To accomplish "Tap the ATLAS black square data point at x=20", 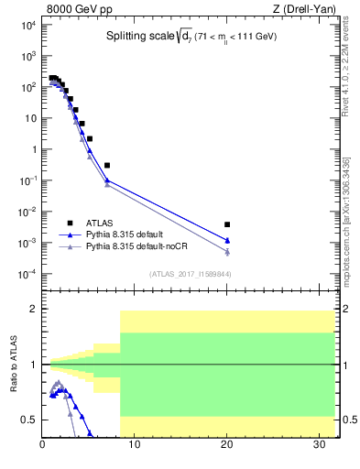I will (x=227, y=224).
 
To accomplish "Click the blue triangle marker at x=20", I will (x=227, y=240).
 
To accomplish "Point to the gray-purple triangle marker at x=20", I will (x=227, y=252).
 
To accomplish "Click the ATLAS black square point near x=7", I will (x=107, y=165).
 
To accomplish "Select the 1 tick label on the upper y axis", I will (x=32, y=149).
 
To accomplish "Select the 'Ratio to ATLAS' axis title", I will (x=13, y=365).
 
